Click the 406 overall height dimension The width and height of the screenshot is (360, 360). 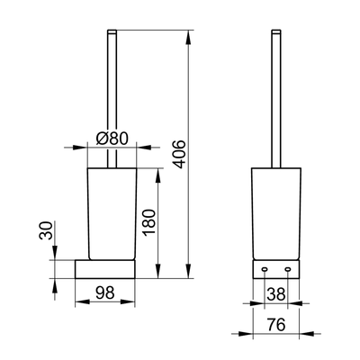[x=180, y=154]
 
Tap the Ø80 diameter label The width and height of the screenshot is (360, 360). [x=112, y=139]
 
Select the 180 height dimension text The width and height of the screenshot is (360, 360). [x=149, y=222]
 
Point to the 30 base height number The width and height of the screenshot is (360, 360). [x=46, y=230]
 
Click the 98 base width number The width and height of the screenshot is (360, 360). [x=105, y=292]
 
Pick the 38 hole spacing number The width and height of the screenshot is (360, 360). [x=276, y=294]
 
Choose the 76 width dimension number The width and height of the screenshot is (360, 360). [x=276, y=324]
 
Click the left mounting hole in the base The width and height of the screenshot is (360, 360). [x=265, y=269]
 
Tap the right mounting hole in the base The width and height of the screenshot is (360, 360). [x=288, y=269]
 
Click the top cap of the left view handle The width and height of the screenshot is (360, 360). [x=112, y=31]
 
